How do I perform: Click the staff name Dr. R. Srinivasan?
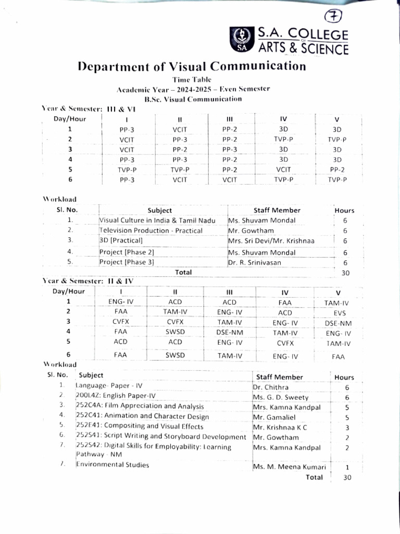(254, 262)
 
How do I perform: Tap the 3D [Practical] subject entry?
(121, 240)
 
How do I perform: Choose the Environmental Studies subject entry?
(113, 465)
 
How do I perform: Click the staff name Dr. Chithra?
(270, 387)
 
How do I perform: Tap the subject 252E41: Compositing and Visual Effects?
(140, 427)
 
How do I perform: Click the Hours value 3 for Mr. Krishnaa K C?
(347, 428)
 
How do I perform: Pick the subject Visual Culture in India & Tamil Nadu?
(157, 221)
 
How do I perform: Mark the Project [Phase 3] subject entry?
(127, 262)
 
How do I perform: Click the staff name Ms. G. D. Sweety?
(280, 397)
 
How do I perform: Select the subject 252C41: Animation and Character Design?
(142, 416)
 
